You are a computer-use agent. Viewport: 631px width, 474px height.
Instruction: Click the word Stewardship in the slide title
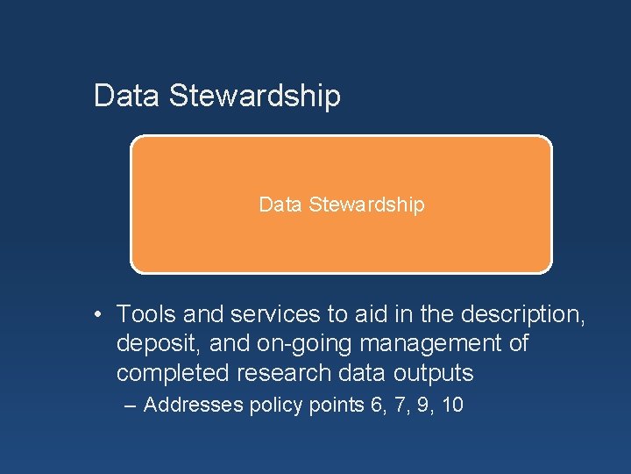(254, 96)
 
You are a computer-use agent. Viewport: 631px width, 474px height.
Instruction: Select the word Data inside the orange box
(280, 205)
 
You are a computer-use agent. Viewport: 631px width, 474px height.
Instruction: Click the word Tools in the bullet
(145, 313)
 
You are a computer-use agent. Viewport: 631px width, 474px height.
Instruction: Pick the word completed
(173, 373)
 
